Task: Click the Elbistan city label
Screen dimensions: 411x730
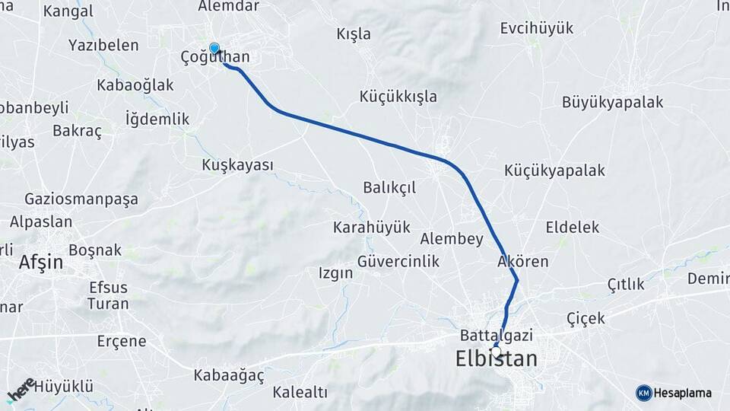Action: [x=496, y=359]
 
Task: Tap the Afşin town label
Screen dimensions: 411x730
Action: [x=41, y=263]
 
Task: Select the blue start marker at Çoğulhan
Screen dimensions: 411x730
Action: [x=214, y=49]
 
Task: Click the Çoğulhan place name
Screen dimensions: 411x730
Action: [x=215, y=58]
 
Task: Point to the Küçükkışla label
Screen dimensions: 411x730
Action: [x=398, y=96]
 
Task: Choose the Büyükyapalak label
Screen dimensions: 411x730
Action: [x=613, y=102]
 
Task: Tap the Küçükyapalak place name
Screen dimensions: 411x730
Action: [x=554, y=171]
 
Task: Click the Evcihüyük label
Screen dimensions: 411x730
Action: [x=537, y=29]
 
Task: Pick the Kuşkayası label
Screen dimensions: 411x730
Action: [x=237, y=165]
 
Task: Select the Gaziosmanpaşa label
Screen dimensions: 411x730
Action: [x=81, y=199]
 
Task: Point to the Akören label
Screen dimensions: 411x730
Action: [x=522, y=262]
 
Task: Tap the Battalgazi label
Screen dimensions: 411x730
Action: [x=496, y=335]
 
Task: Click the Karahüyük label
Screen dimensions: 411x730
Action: [x=372, y=227]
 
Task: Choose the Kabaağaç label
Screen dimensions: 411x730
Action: [x=228, y=375]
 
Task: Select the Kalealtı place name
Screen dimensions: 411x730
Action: [x=300, y=393]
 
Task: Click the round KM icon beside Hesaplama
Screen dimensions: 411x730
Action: [x=643, y=393]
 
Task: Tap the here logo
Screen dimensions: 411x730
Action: [x=21, y=390]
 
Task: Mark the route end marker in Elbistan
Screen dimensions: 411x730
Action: [x=496, y=350]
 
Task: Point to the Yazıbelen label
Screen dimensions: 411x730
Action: [x=103, y=46]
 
